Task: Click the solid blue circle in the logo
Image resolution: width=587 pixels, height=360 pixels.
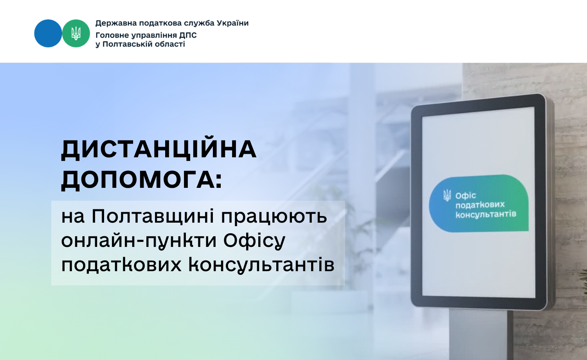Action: pyautogui.click(x=48, y=33)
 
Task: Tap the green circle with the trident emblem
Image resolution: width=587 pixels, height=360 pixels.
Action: pyautogui.click(x=76, y=33)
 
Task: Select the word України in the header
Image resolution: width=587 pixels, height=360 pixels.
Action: pyautogui.click(x=233, y=23)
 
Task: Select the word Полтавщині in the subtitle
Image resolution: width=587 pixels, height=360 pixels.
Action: pyautogui.click(x=153, y=217)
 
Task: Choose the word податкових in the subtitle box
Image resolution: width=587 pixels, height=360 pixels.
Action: pyautogui.click(x=121, y=265)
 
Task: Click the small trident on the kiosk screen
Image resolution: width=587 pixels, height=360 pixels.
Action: pyautogui.click(x=447, y=196)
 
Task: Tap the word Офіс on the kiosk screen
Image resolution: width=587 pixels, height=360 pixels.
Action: pyautogui.click(x=466, y=196)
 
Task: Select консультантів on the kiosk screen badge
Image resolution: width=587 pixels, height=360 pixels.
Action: pyautogui.click(x=486, y=214)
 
